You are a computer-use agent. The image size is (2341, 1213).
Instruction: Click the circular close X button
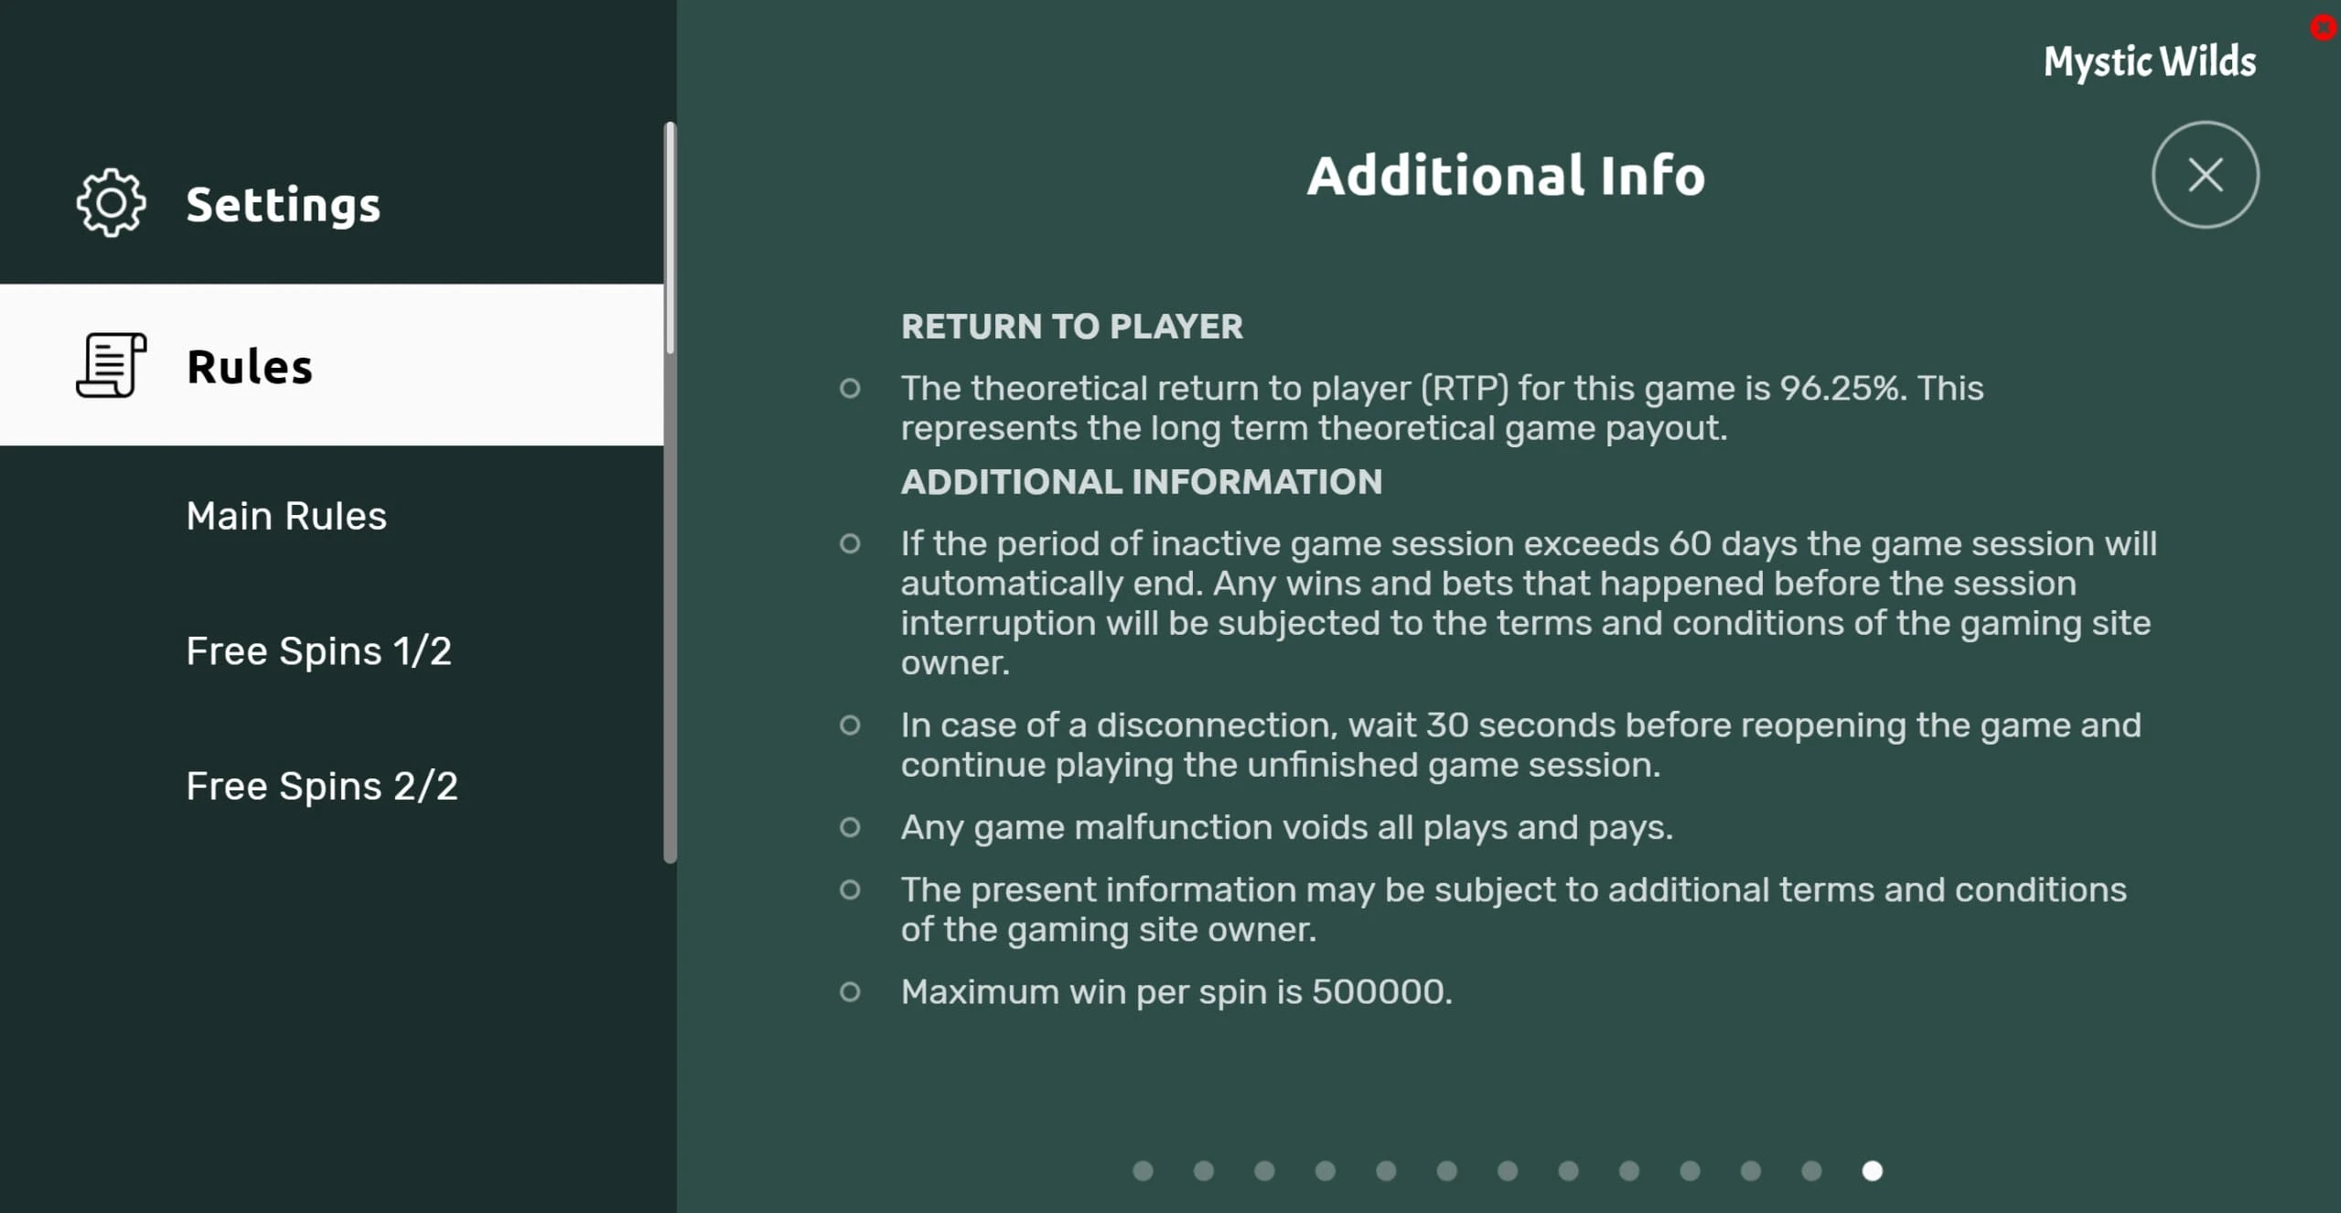click(2205, 175)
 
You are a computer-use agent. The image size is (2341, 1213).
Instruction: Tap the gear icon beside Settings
click(111, 203)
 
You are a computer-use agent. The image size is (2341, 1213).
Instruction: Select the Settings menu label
click(284, 205)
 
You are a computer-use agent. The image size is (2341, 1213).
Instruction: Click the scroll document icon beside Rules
click(111, 365)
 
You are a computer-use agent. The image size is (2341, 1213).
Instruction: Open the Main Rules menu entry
click(286, 516)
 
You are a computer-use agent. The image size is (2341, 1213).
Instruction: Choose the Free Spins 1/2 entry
click(318, 651)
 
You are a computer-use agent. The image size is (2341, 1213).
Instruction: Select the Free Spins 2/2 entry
click(322, 787)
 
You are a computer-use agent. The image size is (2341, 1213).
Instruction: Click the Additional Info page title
click(1506, 176)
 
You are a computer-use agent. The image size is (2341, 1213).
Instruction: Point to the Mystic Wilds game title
click(2150, 62)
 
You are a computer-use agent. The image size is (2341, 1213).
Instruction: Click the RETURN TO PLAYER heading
click(1072, 327)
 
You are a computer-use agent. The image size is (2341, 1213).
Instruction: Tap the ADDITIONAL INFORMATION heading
click(1142, 482)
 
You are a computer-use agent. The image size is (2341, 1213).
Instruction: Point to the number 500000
click(1381, 992)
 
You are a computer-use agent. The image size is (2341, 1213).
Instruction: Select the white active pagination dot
click(1873, 1171)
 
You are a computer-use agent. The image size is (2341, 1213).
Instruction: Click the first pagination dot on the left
click(1143, 1171)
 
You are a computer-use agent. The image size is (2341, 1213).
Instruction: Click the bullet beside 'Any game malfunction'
click(850, 828)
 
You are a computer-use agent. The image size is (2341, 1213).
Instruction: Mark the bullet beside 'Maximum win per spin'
click(850, 992)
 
